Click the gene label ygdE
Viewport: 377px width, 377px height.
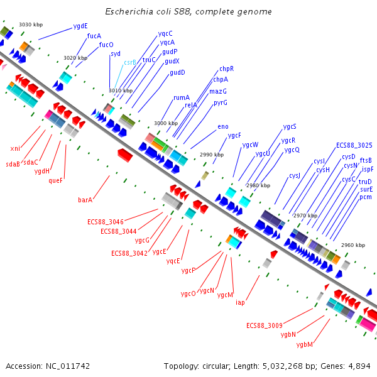(x=80, y=26)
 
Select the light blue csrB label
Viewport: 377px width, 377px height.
(x=130, y=63)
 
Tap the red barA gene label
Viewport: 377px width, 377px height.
(x=85, y=200)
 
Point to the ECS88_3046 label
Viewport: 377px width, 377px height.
(x=105, y=222)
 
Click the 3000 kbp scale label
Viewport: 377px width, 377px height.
(x=166, y=123)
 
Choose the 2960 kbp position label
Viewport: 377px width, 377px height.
(x=353, y=245)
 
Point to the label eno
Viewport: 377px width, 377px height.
(x=223, y=127)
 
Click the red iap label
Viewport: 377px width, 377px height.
(x=240, y=303)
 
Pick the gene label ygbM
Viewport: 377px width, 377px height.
(x=305, y=344)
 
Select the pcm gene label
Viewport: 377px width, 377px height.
(x=366, y=197)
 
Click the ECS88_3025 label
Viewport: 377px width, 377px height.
(x=354, y=145)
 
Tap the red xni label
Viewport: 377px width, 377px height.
(x=15, y=148)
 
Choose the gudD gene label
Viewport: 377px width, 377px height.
(x=177, y=73)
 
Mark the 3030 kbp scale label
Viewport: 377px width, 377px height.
(x=30, y=25)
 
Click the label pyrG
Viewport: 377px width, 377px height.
(x=221, y=102)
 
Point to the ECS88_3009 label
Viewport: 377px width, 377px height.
(x=264, y=325)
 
